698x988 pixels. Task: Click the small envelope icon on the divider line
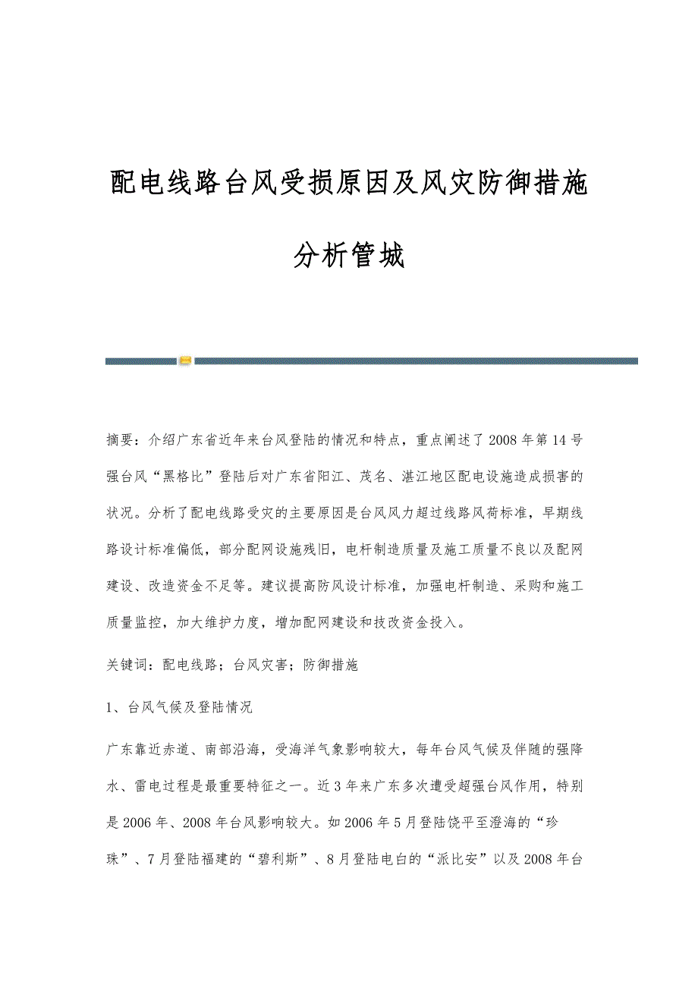point(185,360)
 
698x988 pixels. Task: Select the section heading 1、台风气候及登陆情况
point(180,707)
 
